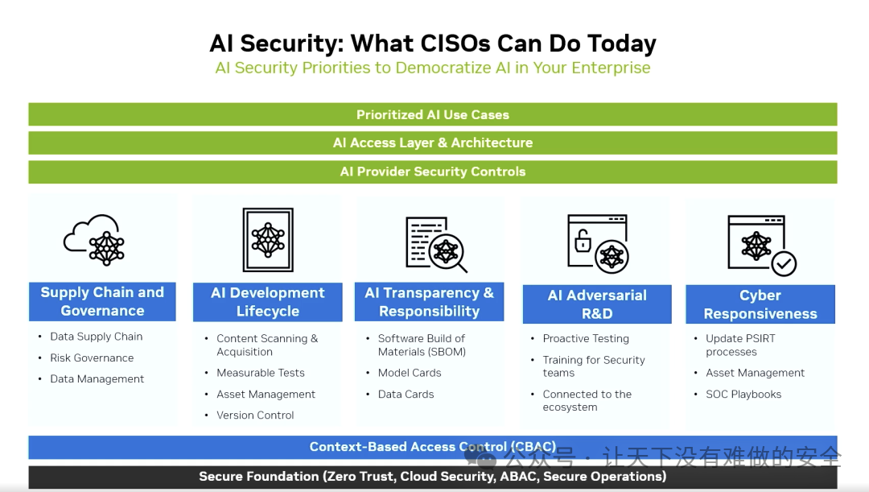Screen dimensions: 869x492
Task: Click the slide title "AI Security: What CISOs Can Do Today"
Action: (433, 43)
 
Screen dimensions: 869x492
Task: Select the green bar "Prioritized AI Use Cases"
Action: (433, 114)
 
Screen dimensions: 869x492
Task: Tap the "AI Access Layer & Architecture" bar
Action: (433, 143)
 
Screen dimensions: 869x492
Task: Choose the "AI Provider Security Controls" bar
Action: (433, 172)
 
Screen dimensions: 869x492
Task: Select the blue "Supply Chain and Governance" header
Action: (102, 302)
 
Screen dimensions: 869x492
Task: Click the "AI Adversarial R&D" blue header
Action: (597, 304)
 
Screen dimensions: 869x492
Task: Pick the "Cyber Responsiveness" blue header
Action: (760, 304)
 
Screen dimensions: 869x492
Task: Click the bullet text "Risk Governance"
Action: (92, 358)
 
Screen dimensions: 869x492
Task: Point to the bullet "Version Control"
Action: (255, 415)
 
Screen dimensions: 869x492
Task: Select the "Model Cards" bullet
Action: (410, 373)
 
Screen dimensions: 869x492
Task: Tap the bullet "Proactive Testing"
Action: (586, 338)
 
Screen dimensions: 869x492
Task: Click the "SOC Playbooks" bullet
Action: (743, 394)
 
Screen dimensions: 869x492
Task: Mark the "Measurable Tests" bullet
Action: (261, 373)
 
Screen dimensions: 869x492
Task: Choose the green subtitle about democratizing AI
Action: (433, 68)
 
